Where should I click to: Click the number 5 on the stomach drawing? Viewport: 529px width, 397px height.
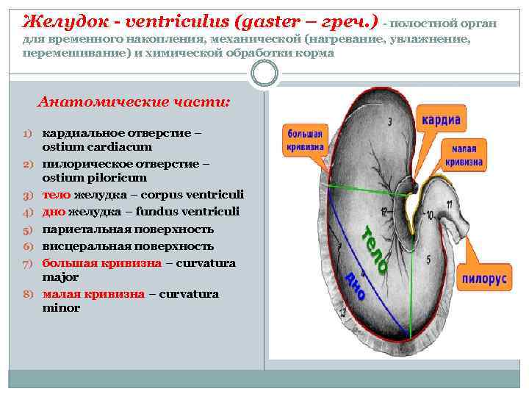tap(429, 259)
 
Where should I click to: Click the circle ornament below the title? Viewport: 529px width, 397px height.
tap(264, 73)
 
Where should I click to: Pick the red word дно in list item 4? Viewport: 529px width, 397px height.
tap(54, 212)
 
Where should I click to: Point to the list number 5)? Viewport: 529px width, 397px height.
tap(29, 229)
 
